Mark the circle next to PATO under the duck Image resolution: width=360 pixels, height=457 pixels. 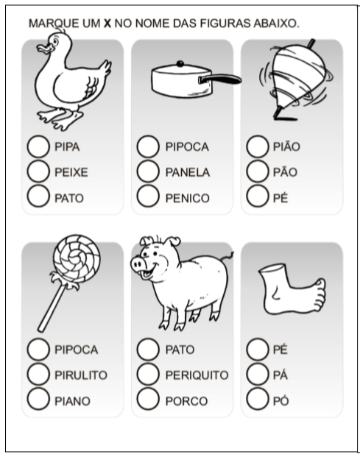pyautogui.click(x=38, y=196)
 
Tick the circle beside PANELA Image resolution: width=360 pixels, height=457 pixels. pyautogui.click(x=148, y=171)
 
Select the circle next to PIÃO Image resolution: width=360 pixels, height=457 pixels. pyautogui.click(x=258, y=146)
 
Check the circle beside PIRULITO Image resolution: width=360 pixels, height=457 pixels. pyautogui.click(x=38, y=375)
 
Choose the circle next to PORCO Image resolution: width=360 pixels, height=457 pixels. pyautogui.click(x=148, y=399)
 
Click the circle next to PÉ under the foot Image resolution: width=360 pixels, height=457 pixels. pyautogui.click(x=258, y=349)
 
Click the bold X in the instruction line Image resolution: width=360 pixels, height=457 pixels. pyautogui.click(x=107, y=24)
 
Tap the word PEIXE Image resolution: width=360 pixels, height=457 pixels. pyautogui.click(x=71, y=172)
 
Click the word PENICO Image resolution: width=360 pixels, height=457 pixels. pyautogui.click(x=188, y=198)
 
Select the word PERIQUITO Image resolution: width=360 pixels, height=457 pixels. pyautogui.click(x=197, y=375)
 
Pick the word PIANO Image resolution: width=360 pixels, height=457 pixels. pyautogui.click(x=72, y=401)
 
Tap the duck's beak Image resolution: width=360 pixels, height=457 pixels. pyautogui.click(x=44, y=49)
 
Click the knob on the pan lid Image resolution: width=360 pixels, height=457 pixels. pyautogui.click(x=180, y=63)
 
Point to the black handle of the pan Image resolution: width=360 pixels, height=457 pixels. pyautogui.click(x=220, y=79)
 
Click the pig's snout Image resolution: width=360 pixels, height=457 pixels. pyautogui.click(x=137, y=264)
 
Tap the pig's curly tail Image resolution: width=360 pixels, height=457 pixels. pyautogui.click(x=227, y=257)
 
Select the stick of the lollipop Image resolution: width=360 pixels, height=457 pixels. pyautogui.click(x=52, y=308)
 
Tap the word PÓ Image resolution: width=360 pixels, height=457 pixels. pyautogui.click(x=280, y=401)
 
